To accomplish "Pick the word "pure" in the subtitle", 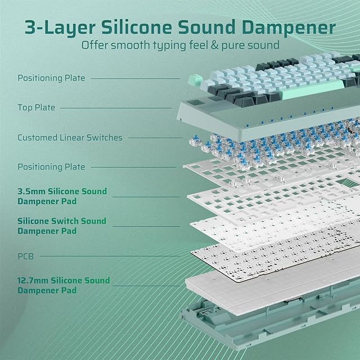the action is click(x=240, y=46).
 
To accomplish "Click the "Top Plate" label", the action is click(x=36, y=107).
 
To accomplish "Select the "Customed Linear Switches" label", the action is click(x=70, y=137).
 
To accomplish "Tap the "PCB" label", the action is click(x=26, y=256).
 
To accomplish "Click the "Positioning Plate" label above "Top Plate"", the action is click(x=51, y=78).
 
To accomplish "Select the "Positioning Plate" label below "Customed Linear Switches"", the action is click(x=51, y=166).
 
